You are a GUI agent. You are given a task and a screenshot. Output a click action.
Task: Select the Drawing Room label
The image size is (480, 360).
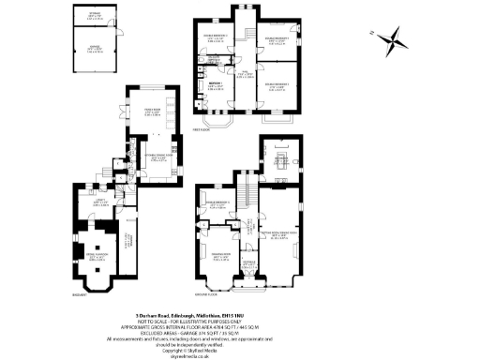pos(221,256)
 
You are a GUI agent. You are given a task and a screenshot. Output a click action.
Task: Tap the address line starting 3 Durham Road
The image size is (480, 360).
pos(240,315)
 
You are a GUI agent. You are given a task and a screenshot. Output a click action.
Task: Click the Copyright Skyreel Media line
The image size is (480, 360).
pos(240,344)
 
